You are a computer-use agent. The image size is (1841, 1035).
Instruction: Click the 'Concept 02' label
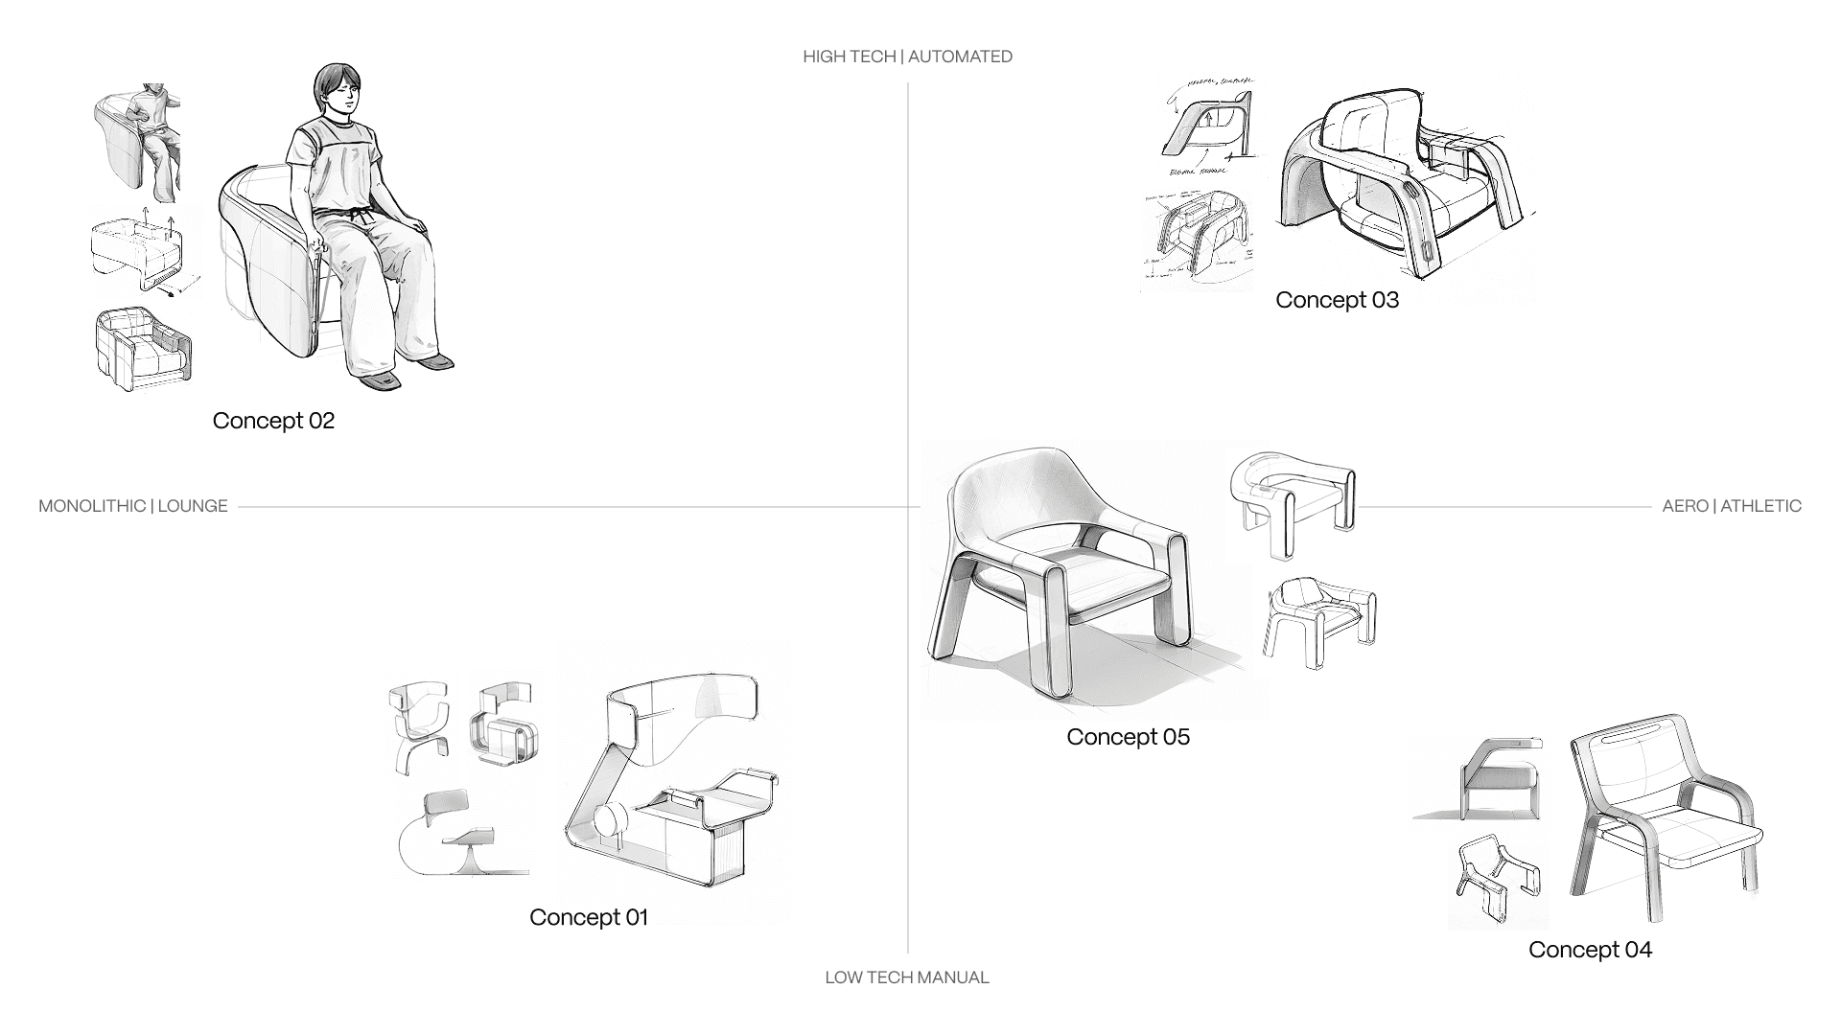click(273, 421)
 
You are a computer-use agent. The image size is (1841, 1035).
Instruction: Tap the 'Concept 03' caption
click(1337, 300)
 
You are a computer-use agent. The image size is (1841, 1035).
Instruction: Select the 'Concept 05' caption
click(1128, 737)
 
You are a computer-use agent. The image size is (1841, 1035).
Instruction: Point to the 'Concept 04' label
click(1590, 950)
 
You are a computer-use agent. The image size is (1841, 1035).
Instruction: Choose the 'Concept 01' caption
click(589, 917)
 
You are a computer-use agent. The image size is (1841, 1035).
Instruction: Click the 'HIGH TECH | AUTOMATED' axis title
click(907, 57)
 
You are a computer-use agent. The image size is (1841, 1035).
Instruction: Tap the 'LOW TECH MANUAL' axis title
click(907, 977)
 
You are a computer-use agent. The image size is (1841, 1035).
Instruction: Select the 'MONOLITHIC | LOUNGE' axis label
click(133, 506)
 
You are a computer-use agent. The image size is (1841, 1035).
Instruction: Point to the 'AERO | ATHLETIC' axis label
click(1732, 506)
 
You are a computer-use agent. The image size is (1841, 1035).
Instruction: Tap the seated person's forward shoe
click(381, 380)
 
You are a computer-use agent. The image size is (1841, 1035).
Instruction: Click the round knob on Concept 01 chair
click(610, 821)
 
